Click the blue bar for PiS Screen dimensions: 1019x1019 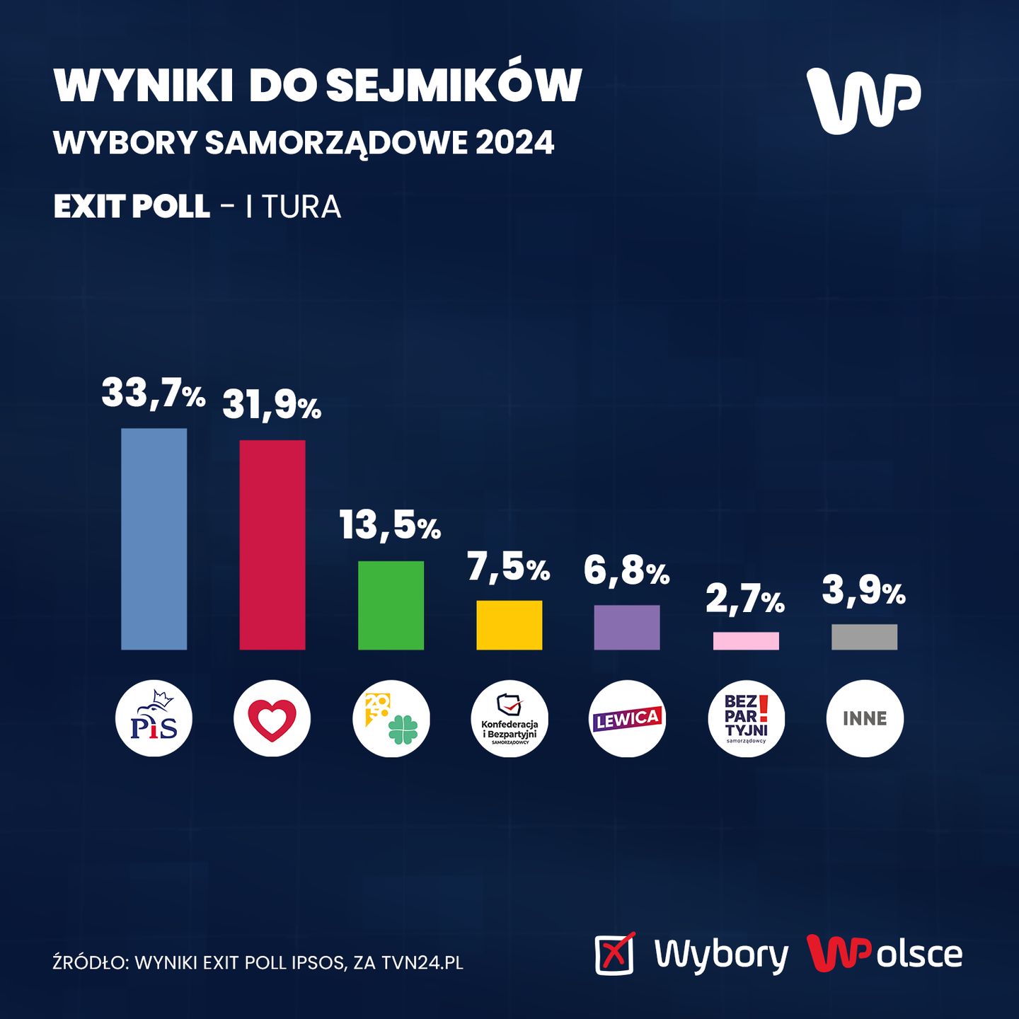tap(154, 539)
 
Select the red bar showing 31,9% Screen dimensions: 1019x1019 tap(272, 544)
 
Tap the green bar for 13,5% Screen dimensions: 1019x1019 tap(391, 605)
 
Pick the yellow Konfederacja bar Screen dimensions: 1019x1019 tap(509, 625)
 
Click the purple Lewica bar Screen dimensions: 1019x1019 tap(627, 627)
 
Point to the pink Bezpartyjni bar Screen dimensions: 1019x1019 tap(746, 640)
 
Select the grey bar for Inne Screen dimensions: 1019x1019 tap(864, 637)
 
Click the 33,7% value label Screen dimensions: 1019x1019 tap(154, 393)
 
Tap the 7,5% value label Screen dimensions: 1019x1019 tap(508, 568)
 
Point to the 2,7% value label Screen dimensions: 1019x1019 tap(745, 600)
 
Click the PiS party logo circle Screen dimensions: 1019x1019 tap(154, 718)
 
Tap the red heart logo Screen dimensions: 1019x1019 tap(272, 718)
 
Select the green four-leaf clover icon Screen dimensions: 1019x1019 tap(403, 729)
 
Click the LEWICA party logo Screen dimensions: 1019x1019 tap(627, 718)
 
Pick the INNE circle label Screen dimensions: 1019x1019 tap(864, 718)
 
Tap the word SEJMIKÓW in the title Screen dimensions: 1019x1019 tap(453, 86)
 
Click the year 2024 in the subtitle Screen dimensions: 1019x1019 tap(514, 143)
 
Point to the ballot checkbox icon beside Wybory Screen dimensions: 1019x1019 tap(614, 954)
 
